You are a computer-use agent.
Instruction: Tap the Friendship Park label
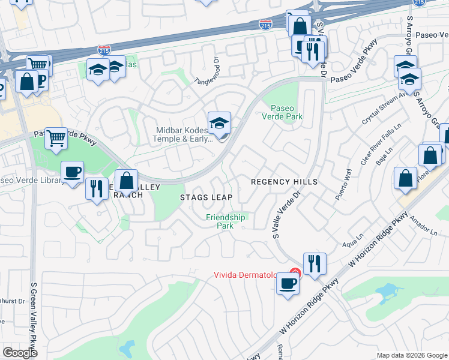(x=225, y=221)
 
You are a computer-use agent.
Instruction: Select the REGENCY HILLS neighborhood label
(x=283, y=181)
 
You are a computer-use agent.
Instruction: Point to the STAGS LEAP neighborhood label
(x=206, y=197)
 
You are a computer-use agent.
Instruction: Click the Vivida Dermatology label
(x=246, y=275)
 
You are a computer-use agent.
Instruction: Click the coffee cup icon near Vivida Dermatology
(x=288, y=283)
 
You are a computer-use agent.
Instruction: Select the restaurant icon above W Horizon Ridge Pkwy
(x=315, y=263)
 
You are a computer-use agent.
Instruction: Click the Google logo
(x=20, y=353)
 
